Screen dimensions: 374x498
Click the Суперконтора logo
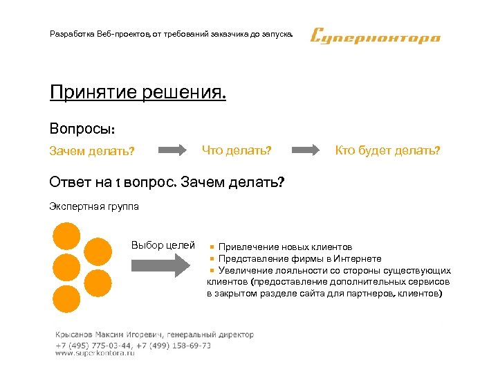click(375, 36)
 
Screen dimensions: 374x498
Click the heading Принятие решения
click(138, 92)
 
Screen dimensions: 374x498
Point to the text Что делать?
click(236, 150)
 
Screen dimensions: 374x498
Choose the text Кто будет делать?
click(387, 150)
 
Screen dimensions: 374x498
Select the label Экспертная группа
click(94, 206)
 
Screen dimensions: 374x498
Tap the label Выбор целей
click(163, 245)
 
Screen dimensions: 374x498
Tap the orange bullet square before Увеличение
click(214, 270)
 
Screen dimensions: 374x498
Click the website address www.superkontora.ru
click(95, 353)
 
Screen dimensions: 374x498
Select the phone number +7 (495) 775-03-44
click(88, 344)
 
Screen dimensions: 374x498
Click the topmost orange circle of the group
click(67, 235)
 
